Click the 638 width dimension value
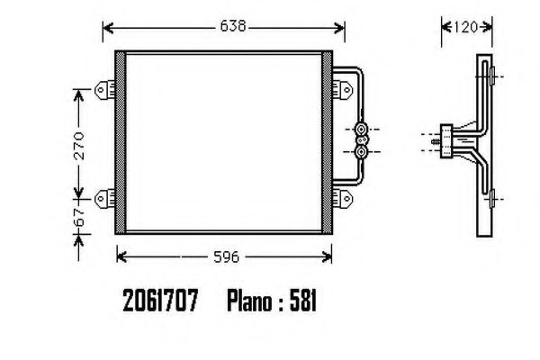(233, 26)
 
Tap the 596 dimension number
(226, 257)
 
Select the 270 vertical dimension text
(79, 145)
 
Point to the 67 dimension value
(79, 217)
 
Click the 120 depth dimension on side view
(465, 27)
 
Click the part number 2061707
(160, 301)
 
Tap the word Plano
(249, 301)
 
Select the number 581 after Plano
(302, 301)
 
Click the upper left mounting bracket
(104, 90)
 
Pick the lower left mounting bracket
(104, 198)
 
